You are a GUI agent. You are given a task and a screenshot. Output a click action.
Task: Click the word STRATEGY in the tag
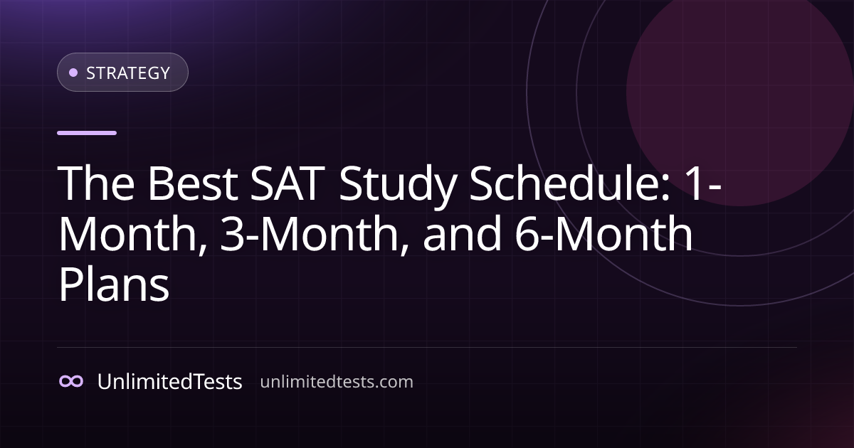click(x=128, y=73)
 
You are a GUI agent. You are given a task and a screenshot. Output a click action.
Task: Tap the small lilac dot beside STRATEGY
click(x=73, y=73)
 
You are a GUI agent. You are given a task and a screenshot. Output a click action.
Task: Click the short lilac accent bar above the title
click(x=87, y=133)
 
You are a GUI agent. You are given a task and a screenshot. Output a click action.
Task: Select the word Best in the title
click(x=193, y=183)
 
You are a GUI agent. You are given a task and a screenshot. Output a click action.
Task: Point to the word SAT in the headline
click(x=288, y=183)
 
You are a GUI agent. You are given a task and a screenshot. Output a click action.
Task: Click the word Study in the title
click(x=398, y=186)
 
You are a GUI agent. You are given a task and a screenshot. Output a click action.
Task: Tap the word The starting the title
click(x=96, y=182)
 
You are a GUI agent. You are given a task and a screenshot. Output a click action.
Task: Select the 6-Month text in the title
click(x=604, y=233)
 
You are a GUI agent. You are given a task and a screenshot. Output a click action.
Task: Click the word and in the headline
click(x=462, y=233)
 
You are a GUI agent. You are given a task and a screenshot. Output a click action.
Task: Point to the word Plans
click(x=114, y=284)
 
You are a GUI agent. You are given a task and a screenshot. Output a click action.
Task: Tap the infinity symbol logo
click(x=71, y=381)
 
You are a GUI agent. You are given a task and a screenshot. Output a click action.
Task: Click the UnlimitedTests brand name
click(x=169, y=381)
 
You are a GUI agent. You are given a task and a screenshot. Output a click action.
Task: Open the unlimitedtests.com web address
click(x=337, y=382)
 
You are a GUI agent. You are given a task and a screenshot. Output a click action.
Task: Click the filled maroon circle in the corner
click(x=739, y=92)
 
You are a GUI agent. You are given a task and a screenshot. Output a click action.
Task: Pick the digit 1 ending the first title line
click(x=695, y=183)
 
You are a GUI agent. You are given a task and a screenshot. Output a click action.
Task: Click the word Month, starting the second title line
click(x=134, y=233)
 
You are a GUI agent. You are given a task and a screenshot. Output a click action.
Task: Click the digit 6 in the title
click(x=527, y=233)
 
